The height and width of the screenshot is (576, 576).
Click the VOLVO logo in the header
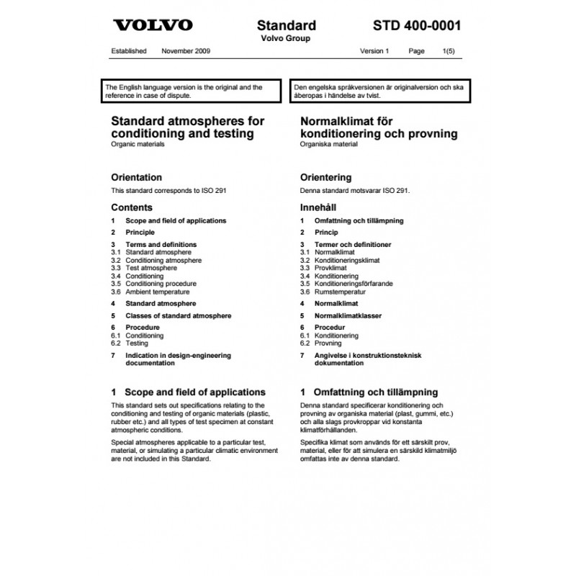tap(153, 25)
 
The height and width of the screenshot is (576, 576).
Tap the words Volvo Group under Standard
tap(286, 39)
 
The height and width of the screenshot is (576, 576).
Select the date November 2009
tap(186, 52)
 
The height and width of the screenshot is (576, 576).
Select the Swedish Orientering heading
tap(325, 177)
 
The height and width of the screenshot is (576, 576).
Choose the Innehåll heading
tap(319, 207)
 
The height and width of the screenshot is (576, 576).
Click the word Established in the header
tap(130, 52)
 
